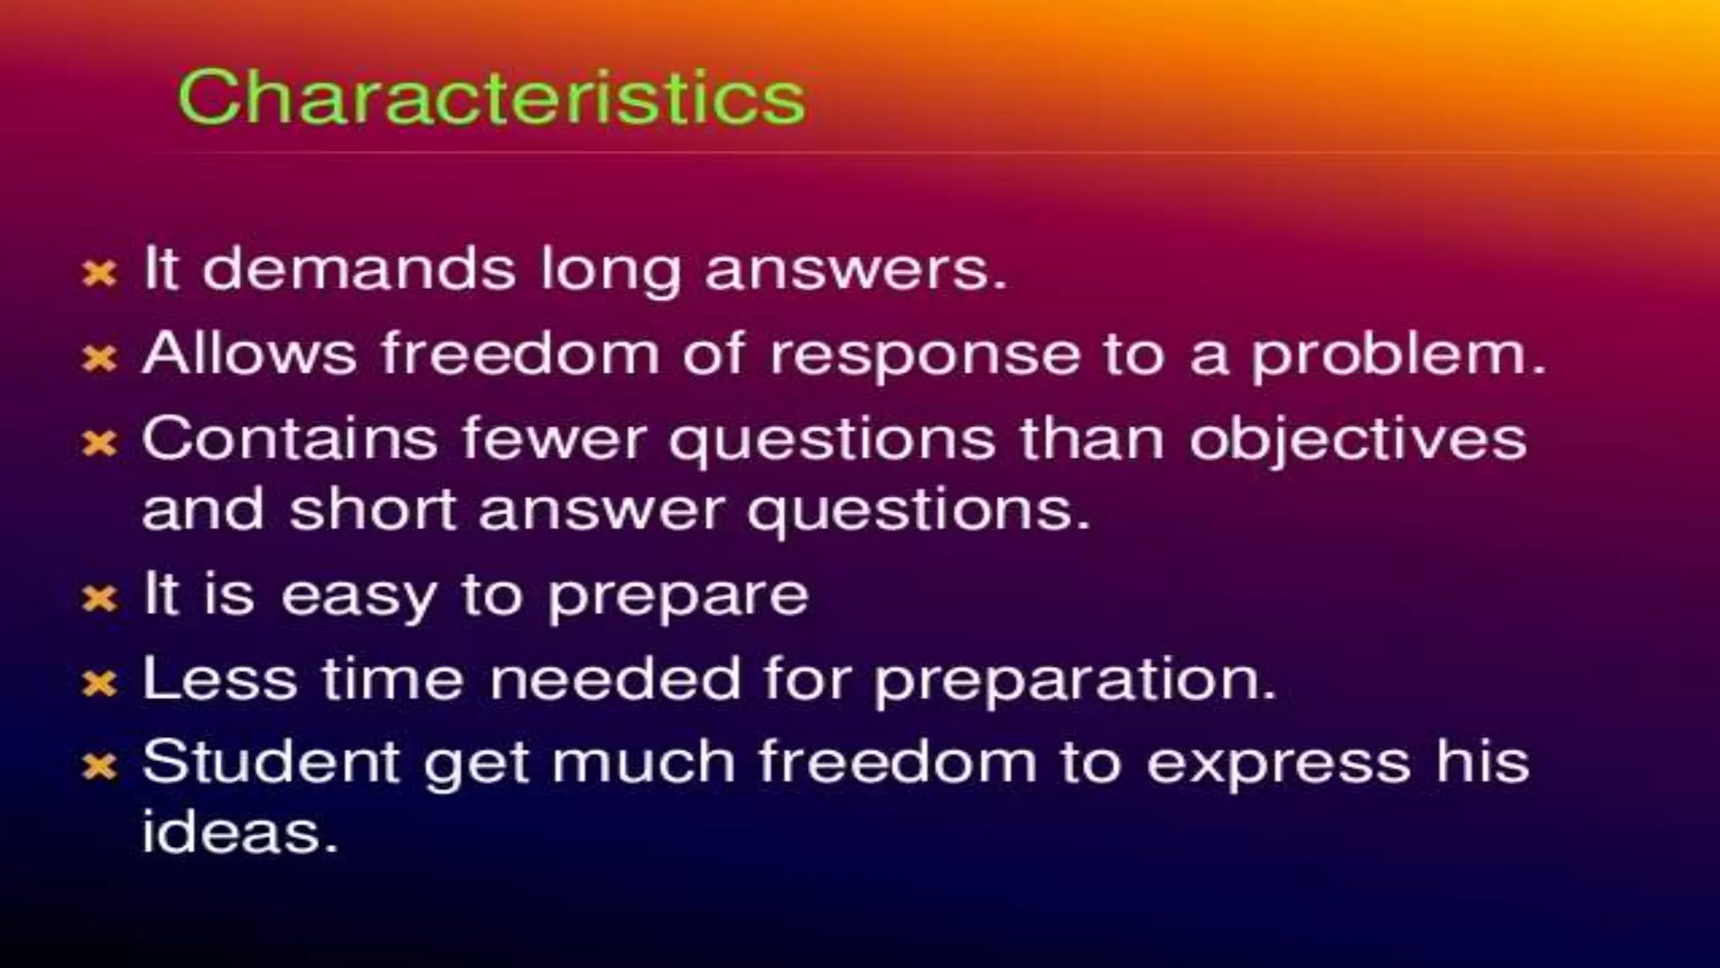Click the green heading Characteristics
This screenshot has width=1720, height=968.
click(491, 98)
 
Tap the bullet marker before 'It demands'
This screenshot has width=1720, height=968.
click(99, 272)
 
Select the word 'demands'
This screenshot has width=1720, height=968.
click(359, 269)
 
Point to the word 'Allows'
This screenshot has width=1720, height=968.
click(249, 353)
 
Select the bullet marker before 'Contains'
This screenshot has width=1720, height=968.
click(99, 443)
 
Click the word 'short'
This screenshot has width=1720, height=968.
click(372, 509)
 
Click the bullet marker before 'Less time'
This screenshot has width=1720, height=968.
click(99, 683)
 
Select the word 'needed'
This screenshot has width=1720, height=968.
click(616, 679)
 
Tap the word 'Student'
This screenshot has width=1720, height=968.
click(270, 762)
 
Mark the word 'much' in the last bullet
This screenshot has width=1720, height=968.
click(643, 762)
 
